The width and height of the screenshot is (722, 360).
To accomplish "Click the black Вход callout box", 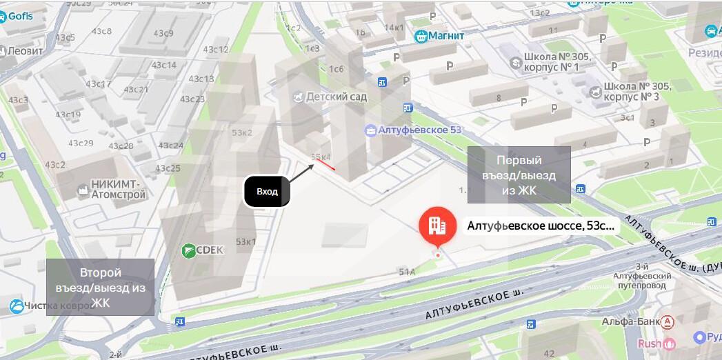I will [x=267, y=191].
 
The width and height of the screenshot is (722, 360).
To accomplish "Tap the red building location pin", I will [x=437, y=226].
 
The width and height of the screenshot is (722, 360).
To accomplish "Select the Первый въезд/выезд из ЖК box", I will [x=519, y=174].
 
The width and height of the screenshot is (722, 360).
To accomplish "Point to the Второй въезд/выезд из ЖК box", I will [x=100, y=287].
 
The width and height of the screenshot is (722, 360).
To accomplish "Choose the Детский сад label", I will [x=337, y=97].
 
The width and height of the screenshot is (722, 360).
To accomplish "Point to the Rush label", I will [x=650, y=343].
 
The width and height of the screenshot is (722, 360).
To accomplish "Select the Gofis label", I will [x=20, y=17].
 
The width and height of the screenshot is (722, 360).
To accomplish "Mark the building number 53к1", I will [x=245, y=242].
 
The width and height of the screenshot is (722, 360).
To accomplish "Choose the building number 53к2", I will [x=243, y=132].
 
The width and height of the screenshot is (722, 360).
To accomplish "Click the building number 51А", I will [x=407, y=272].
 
